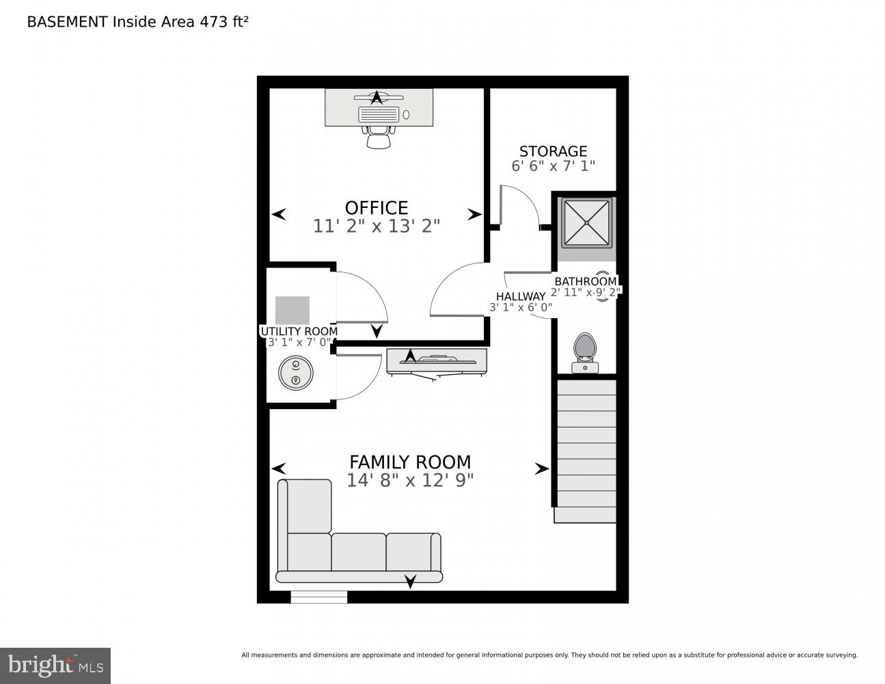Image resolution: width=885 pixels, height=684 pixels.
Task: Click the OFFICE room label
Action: pyautogui.click(x=376, y=207)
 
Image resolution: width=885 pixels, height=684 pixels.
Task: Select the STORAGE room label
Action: pyautogui.click(x=553, y=151)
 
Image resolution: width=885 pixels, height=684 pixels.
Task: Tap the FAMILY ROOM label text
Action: pyautogui.click(x=410, y=462)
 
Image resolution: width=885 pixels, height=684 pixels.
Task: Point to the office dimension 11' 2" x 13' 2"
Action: pyautogui.click(x=376, y=226)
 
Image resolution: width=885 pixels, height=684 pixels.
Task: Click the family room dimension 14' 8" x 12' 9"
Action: pyautogui.click(x=410, y=480)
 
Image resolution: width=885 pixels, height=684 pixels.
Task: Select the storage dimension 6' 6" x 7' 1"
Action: pyautogui.click(x=553, y=166)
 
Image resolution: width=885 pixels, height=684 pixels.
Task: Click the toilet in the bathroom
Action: pyautogui.click(x=585, y=352)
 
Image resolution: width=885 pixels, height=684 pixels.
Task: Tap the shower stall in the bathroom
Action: pyautogui.click(x=586, y=222)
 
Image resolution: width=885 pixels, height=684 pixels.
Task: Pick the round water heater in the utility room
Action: pyautogui.click(x=295, y=373)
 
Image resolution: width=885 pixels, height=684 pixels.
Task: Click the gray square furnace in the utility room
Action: pyautogui.click(x=292, y=311)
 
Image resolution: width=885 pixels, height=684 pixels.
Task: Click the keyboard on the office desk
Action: pyautogui.click(x=379, y=114)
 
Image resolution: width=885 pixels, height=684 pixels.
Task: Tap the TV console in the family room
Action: pyautogui.click(x=437, y=360)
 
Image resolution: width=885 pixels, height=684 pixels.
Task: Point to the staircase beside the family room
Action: pyautogui.click(x=586, y=451)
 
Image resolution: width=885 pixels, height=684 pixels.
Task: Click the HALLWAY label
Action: pyautogui.click(x=521, y=296)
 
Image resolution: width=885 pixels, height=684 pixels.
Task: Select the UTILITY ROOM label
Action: pyautogui.click(x=299, y=331)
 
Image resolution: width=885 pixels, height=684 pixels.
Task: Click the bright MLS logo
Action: pyautogui.click(x=55, y=665)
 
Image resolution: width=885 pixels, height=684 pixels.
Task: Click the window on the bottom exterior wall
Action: pyautogui.click(x=318, y=597)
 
